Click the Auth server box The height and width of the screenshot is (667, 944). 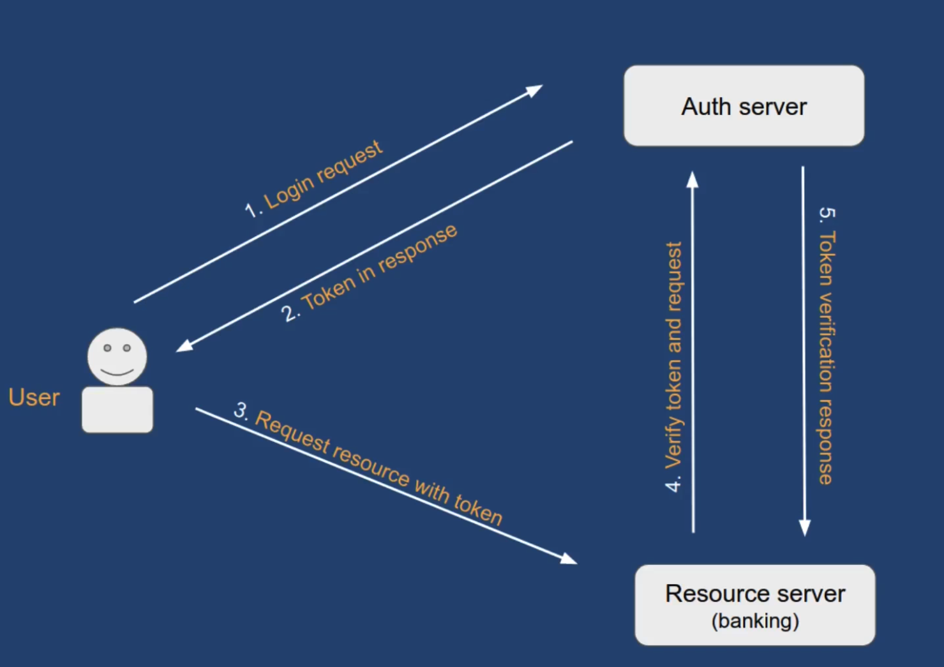pos(744,106)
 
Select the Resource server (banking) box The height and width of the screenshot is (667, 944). pos(754,604)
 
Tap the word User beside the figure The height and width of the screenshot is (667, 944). pos(34,397)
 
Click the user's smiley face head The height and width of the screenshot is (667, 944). pos(117,356)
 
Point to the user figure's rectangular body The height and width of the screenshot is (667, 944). pos(117,410)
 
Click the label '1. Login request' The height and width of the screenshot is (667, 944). pos(314,179)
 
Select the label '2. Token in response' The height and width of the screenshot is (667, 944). pos(370,273)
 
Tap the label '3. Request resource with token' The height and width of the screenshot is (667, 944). pos(368,463)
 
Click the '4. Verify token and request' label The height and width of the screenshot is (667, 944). pos(673,367)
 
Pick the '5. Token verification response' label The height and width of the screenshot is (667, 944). pos(827,345)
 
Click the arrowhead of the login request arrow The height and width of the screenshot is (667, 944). pos(534,90)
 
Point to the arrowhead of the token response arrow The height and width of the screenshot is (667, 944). pos(184,346)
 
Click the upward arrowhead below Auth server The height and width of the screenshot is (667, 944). pos(693,180)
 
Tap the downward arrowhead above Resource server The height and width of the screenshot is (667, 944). pos(804,527)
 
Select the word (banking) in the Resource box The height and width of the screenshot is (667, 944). pos(755,621)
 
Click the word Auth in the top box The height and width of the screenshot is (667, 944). pos(705,107)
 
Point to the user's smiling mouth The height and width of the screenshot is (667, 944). pos(117,371)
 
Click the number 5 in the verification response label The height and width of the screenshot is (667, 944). pos(827,213)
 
